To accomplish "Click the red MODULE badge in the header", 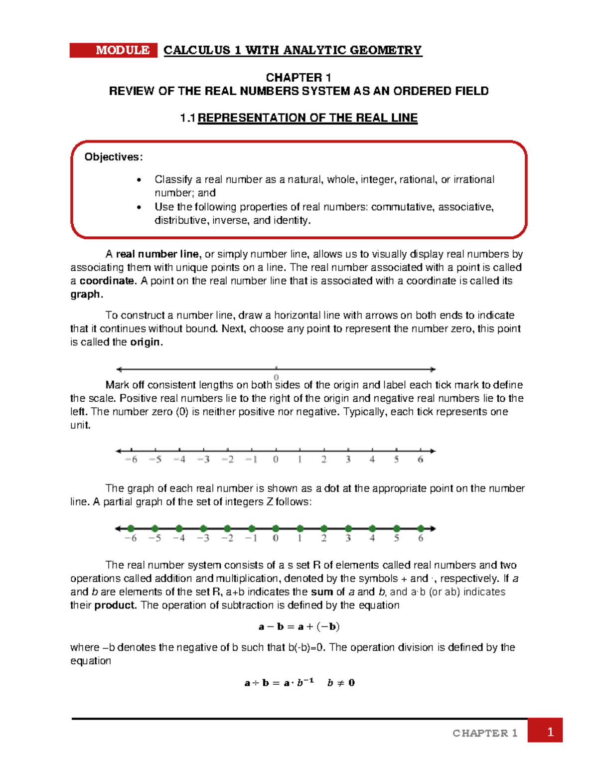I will [114, 50].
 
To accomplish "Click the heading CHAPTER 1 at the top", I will [299, 77].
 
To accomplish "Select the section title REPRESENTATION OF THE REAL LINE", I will [307, 118].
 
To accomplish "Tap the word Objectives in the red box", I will [113, 157].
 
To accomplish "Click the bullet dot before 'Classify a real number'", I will [140, 180].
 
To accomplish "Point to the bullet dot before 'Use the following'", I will [140, 207].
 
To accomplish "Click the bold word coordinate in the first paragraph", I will [107, 281].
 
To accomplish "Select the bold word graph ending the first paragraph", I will [85, 295].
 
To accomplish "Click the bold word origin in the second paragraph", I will [146, 342].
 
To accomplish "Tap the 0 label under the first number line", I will [276, 377].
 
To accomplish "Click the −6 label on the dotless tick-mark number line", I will [131, 460].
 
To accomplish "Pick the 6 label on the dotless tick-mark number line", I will [421, 460].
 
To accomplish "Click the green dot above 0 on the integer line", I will [276, 529].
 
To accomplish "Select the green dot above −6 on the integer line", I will [131, 529].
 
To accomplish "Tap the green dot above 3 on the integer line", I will [348, 529].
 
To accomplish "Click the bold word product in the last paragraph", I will [115, 606].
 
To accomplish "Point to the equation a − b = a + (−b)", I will [299, 626].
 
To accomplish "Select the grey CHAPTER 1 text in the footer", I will [485, 733].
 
